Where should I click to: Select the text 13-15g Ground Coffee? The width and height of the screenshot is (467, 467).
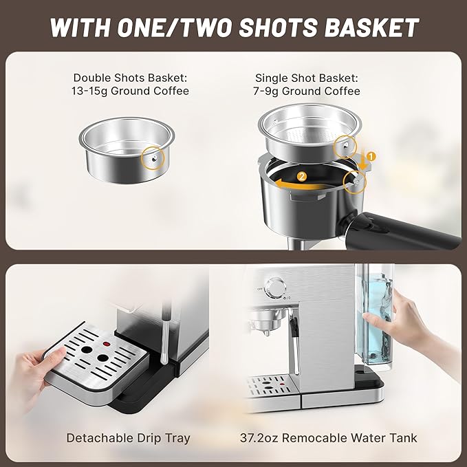[131, 91]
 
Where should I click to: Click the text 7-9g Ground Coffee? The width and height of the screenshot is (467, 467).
[307, 91]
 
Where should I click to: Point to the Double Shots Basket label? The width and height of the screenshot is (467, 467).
[131, 78]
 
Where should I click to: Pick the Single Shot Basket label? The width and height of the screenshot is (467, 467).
[307, 78]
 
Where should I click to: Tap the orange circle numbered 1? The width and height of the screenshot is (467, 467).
[371, 156]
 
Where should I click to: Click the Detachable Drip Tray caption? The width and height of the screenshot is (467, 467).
[128, 437]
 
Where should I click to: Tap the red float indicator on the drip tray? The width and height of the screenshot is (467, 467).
[106, 343]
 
